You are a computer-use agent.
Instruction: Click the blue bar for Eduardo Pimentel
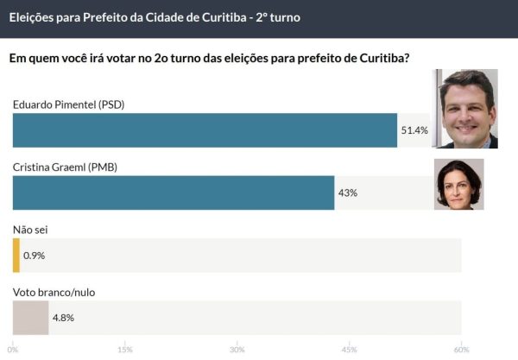pos(205,130)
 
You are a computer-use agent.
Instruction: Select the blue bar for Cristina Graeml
pos(174,193)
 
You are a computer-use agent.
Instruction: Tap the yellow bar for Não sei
pos(16,255)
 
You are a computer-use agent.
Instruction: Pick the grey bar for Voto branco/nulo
pos(30,317)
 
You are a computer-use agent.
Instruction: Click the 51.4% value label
pos(414,130)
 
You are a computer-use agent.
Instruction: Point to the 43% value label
pos(348,193)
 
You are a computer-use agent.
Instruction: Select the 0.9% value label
pos(35,256)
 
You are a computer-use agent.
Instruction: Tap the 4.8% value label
pos(64,318)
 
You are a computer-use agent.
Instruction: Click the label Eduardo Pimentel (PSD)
pos(69,105)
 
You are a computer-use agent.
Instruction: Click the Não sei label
pos(31,230)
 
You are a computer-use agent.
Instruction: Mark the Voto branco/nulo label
pos(54,292)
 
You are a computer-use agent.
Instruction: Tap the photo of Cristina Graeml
pos(458,184)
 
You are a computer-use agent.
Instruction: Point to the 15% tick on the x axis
pos(124,350)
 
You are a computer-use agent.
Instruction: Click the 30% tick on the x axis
pos(237,350)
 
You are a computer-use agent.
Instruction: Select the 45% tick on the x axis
pos(349,350)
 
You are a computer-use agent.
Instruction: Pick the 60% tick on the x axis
pos(461,350)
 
